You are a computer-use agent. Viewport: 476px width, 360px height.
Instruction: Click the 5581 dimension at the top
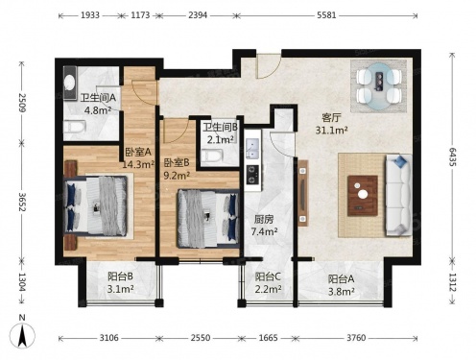[326, 15]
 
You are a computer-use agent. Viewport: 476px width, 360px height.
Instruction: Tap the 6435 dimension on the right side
[452, 156]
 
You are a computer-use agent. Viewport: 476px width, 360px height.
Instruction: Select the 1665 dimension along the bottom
[268, 338]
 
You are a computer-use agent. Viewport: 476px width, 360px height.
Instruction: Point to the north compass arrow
[22, 335]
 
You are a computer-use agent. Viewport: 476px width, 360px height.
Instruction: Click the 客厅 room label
[331, 118]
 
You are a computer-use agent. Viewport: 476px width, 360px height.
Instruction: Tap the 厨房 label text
[264, 220]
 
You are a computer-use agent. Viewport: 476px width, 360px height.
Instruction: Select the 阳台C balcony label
[268, 276]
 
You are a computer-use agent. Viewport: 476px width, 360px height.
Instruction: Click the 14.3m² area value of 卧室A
[138, 164]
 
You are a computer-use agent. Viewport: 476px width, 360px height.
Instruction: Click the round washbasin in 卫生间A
[69, 83]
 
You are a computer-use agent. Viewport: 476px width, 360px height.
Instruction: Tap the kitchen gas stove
[252, 175]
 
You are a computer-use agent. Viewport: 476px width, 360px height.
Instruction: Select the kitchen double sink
[252, 149]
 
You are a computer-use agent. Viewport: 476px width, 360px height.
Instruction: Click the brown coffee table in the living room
[363, 195]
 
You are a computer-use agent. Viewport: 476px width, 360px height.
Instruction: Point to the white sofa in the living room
[398, 195]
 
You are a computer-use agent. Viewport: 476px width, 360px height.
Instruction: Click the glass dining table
[379, 86]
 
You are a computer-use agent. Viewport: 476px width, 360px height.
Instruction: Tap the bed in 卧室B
[208, 219]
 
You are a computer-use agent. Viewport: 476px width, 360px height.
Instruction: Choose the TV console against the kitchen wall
[302, 193]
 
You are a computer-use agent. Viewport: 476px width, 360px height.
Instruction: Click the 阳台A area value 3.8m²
[341, 292]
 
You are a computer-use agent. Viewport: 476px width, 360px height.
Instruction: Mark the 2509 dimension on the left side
[22, 103]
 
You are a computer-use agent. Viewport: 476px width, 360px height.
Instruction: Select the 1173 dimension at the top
[140, 15]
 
